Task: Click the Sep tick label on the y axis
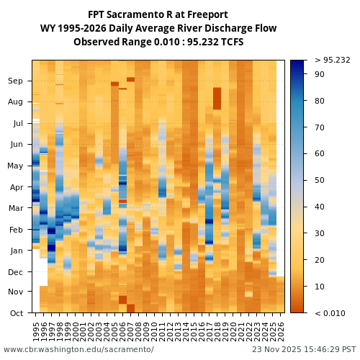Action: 15,81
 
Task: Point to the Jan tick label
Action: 15,251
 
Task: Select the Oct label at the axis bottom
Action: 15,313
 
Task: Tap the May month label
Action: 15,166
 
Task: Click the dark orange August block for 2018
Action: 217,99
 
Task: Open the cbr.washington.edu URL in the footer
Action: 78,349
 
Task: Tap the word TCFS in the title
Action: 230,42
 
